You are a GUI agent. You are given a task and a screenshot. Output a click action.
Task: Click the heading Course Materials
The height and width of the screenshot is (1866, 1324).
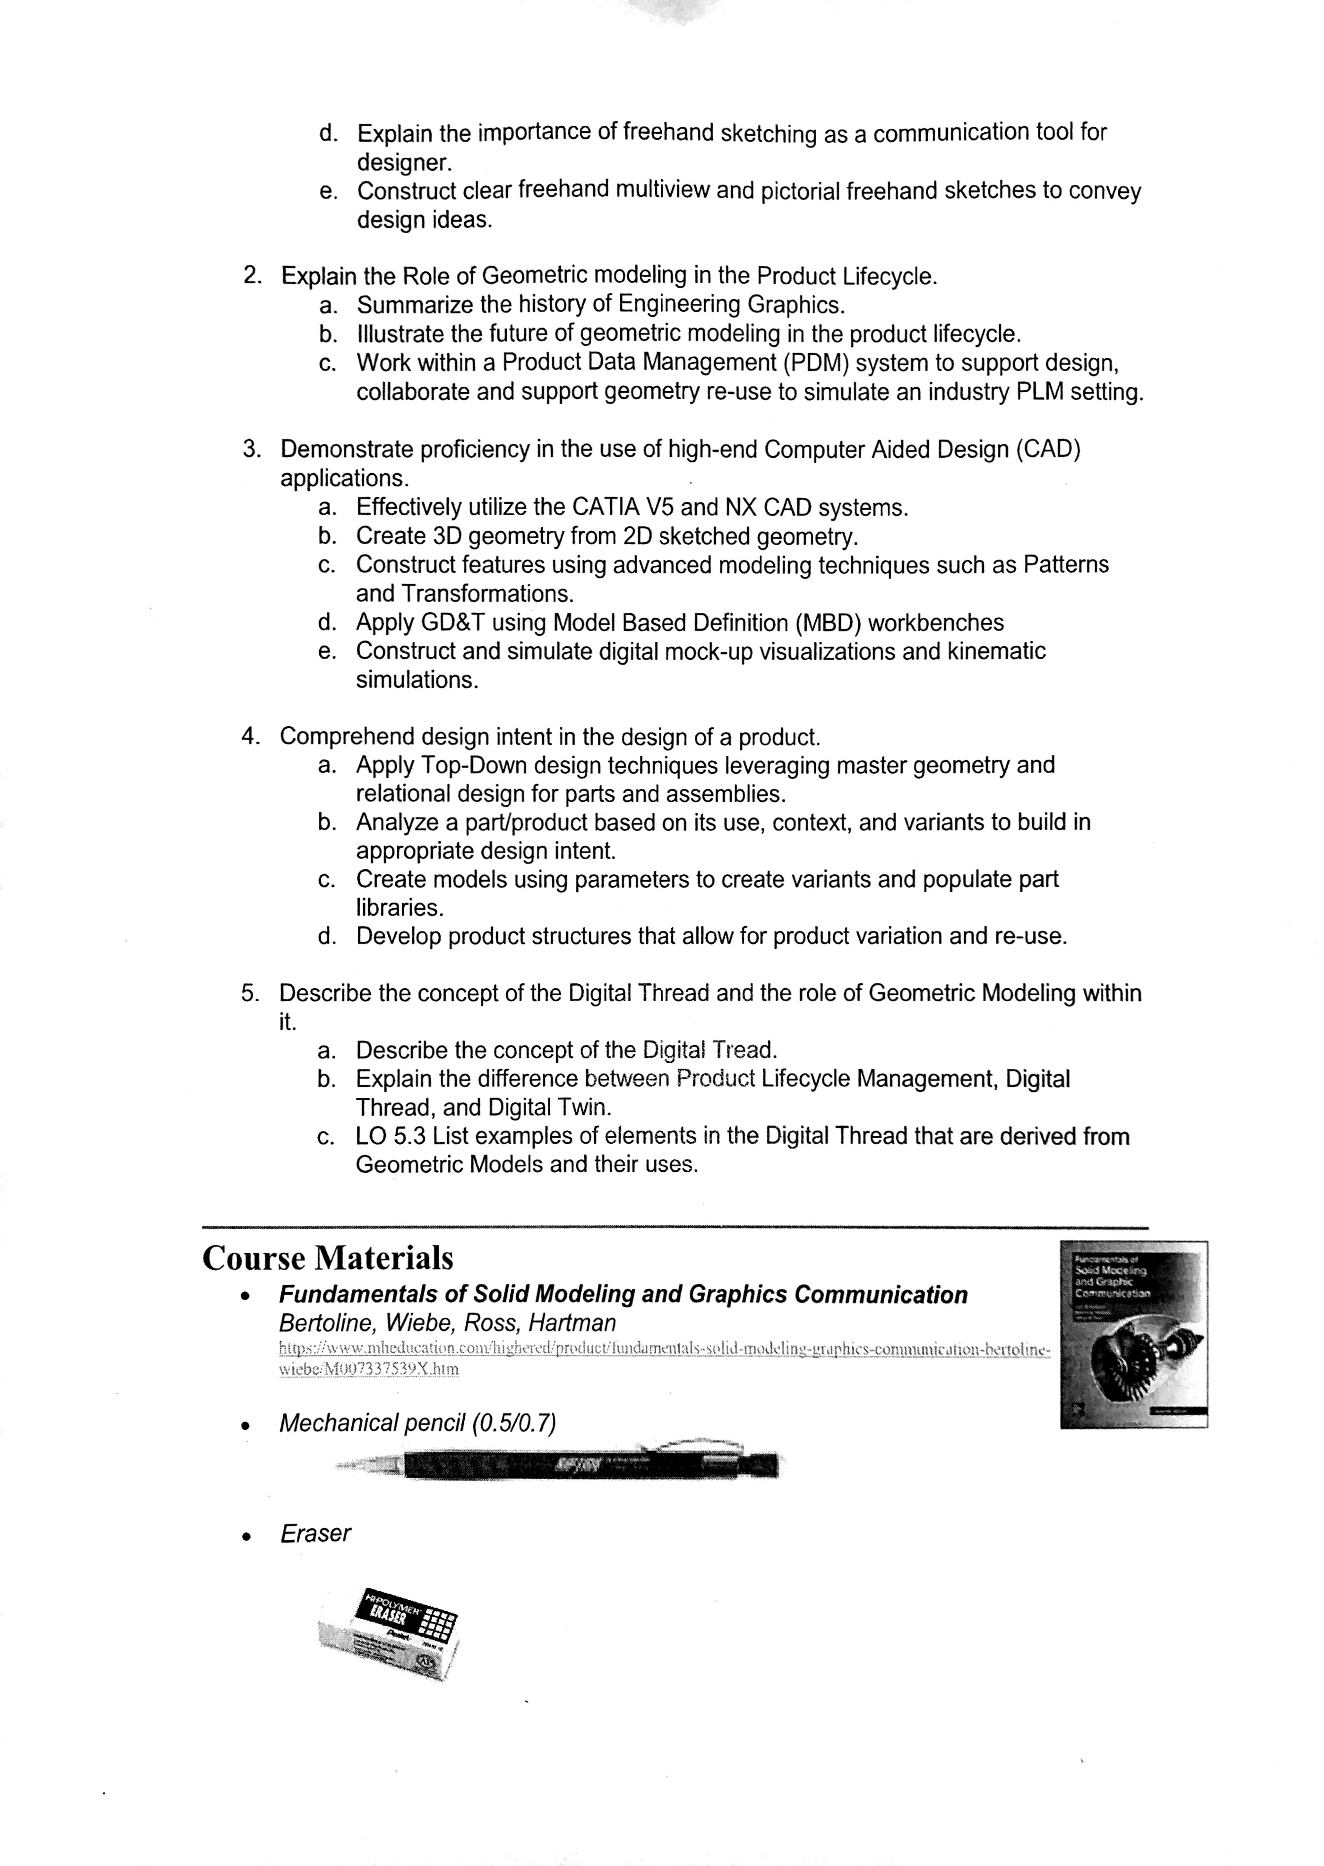[328, 1258]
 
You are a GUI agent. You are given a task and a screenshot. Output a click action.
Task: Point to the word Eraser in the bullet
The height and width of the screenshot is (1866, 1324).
[315, 1533]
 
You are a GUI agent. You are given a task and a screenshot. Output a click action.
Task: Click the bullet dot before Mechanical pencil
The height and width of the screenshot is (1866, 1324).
[245, 1426]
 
